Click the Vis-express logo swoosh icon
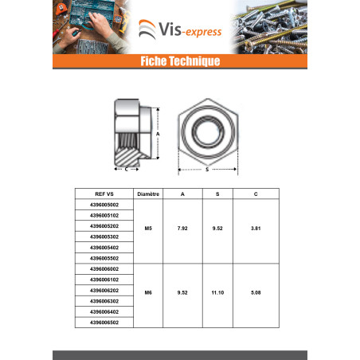click(147, 29)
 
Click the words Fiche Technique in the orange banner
click(180, 61)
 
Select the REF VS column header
click(104, 194)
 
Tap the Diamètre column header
click(148, 194)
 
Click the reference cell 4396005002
click(104, 205)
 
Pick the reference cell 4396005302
click(104, 237)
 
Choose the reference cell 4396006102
click(104, 280)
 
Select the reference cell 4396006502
click(104, 323)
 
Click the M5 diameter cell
click(148, 229)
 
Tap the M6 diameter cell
click(148, 292)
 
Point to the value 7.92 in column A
click(182, 229)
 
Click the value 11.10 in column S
click(217, 292)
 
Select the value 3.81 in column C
click(256, 229)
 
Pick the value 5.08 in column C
click(256, 292)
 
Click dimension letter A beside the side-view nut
click(158, 134)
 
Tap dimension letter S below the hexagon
click(207, 170)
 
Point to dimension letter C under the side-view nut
click(127, 169)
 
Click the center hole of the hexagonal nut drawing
click(208, 132)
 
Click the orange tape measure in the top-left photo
click(60, 10)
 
